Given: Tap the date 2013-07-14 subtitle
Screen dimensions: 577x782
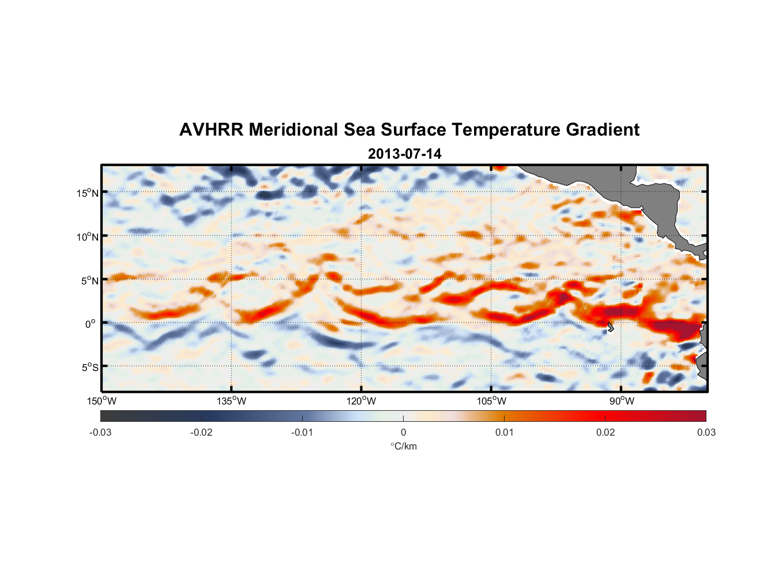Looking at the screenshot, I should pyautogui.click(x=404, y=154).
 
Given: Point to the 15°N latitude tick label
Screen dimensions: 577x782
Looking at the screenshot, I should pyautogui.click(x=88, y=193).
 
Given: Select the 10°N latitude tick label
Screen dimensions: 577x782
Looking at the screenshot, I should pyautogui.click(x=88, y=237).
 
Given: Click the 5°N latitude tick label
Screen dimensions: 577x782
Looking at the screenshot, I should pyautogui.click(x=89, y=280).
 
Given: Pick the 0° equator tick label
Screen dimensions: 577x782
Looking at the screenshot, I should pyautogui.click(x=91, y=324).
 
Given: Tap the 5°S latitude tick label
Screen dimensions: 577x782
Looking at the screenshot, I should pyautogui.click(x=89, y=367).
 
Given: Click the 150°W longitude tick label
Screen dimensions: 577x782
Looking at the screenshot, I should pyautogui.click(x=102, y=401).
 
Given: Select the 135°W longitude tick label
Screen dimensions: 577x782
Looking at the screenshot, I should pyautogui.click(x=232, y=401).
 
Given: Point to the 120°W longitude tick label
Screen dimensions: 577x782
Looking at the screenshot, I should pyautogui.click(x=362, y=401).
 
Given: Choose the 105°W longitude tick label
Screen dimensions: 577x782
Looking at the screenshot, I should pyautogui.click(x=491, y=401).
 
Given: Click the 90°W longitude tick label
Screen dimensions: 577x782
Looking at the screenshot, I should pyautogui.click(x=622, y=401).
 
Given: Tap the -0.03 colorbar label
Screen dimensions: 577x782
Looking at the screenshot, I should pyautogui.click(x=100, y=432).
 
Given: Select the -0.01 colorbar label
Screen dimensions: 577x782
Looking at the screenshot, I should pyautogui.click(x=302, y=432).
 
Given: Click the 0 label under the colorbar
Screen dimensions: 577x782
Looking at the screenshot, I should pyautogui.click(x=403, y=432).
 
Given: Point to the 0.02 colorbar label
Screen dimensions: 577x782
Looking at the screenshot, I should pyautogui.click(x=606, y=432).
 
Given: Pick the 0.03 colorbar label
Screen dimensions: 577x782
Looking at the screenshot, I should pyautogui.click(x=706, y=432).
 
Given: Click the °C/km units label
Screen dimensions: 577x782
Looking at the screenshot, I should pyautogui.click(x=404, y=446).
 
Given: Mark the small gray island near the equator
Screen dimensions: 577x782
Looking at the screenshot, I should pyautogui.click(x=610, y=327).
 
